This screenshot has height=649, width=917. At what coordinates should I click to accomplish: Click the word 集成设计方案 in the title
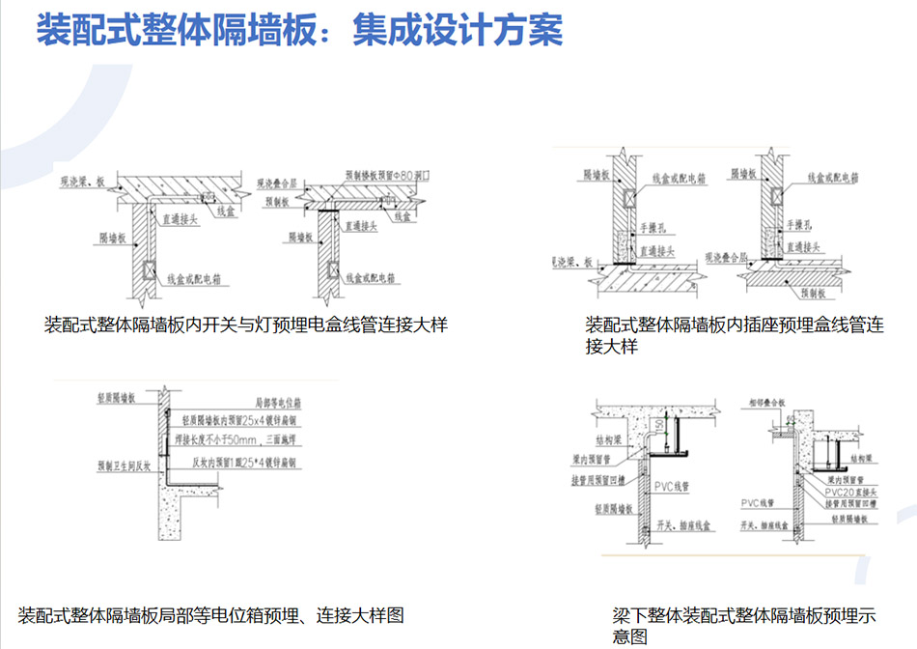point(458,30)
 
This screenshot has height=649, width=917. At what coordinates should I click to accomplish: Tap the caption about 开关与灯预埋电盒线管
point(245,324)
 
